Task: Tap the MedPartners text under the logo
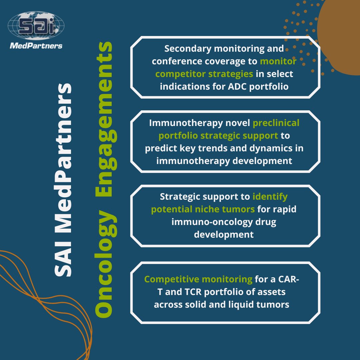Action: pyautogui.click(x=36, y=46)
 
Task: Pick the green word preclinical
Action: pyautogui.click(x=276, y=123)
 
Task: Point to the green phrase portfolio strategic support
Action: pyautogui.click(x=218, y=136)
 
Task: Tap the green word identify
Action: pyautogui.click(x=270, y=197)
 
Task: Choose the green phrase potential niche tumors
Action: pyautogui.click(x=203, y=209)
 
